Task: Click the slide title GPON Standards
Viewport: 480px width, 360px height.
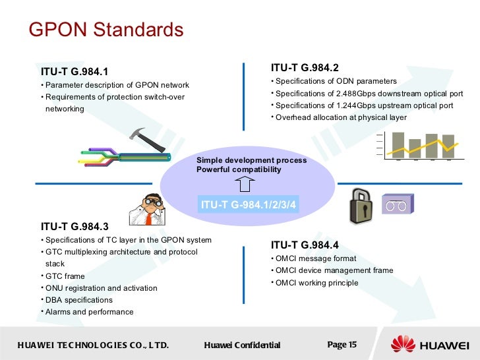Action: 106,30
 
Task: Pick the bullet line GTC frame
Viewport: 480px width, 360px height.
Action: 65,276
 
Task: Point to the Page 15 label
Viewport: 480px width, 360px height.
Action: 342,344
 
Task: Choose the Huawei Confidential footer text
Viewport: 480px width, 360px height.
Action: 242,345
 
